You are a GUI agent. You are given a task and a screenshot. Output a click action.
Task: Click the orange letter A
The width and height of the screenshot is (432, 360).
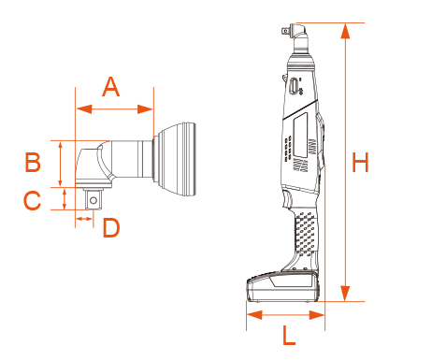click(x=110, y=87)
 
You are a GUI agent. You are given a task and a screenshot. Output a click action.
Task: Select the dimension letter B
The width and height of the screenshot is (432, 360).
click(x=33, y=162)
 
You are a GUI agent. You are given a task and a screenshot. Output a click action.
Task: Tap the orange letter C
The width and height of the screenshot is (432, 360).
click(x=33, y=199)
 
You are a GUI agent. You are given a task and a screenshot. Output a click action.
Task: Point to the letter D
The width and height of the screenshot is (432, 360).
click(x=110, y=227)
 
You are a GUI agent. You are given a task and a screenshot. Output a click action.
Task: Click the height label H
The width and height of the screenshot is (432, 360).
click(x=361, y=163)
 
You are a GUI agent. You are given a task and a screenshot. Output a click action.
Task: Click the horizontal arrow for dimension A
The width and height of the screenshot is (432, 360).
click(x=113, y=109)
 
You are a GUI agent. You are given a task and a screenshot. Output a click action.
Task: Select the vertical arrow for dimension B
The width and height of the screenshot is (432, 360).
click(x=63, y=164)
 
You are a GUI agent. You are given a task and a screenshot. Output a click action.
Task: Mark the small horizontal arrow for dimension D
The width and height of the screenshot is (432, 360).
click(x=84, y=218)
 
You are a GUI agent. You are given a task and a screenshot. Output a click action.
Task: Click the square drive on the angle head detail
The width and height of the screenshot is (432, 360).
click(x=94, y=198)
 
